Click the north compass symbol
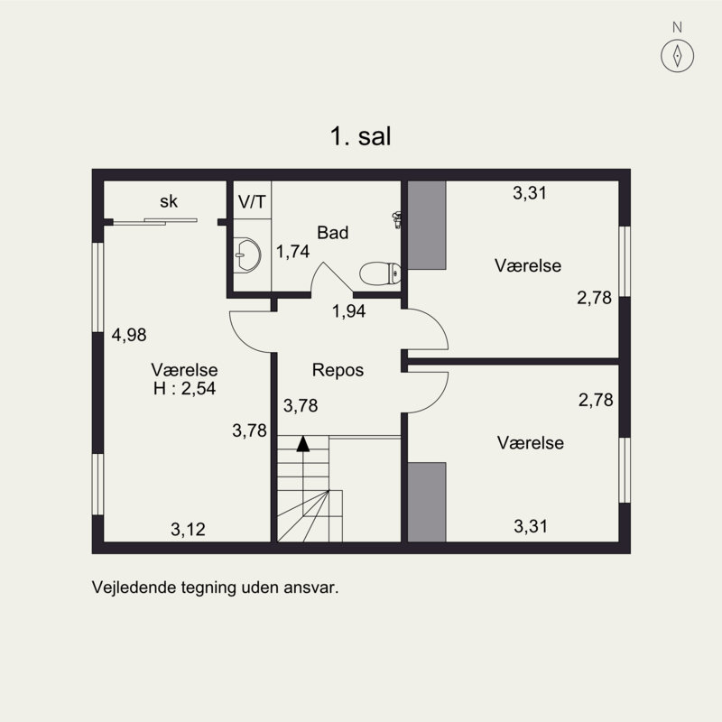pyautogui.click(x=677, y=56)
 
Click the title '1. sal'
pyautogui.click(x=360, y=137)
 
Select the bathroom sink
pyautogui.click(x=245, y=255)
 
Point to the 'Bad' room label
pyautogui.click(x=332, y=233)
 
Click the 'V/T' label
pyautogui.click(x=252, y=200)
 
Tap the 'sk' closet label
pyautogui.click(x=169, y=202)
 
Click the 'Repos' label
pyautogui.click(x=338, y=370)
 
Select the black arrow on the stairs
pyautogui.click(x=303, y=442)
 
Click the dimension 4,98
pyautogui.click(x=128, y=336)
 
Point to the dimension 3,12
pyautogui.click(x=188, y=530)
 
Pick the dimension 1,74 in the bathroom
pyautogui.click(x=293, y=252)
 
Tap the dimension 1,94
pyautogui.click(x=349, y=312)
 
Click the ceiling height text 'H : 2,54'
pyautogui.click(x=185, y=389)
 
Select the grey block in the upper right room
pyautogui.click(x=428, y=225)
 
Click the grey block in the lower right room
pyautogui.click(x=428, y=502)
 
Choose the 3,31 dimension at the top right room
pyautogui.click(x=531, y=192)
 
